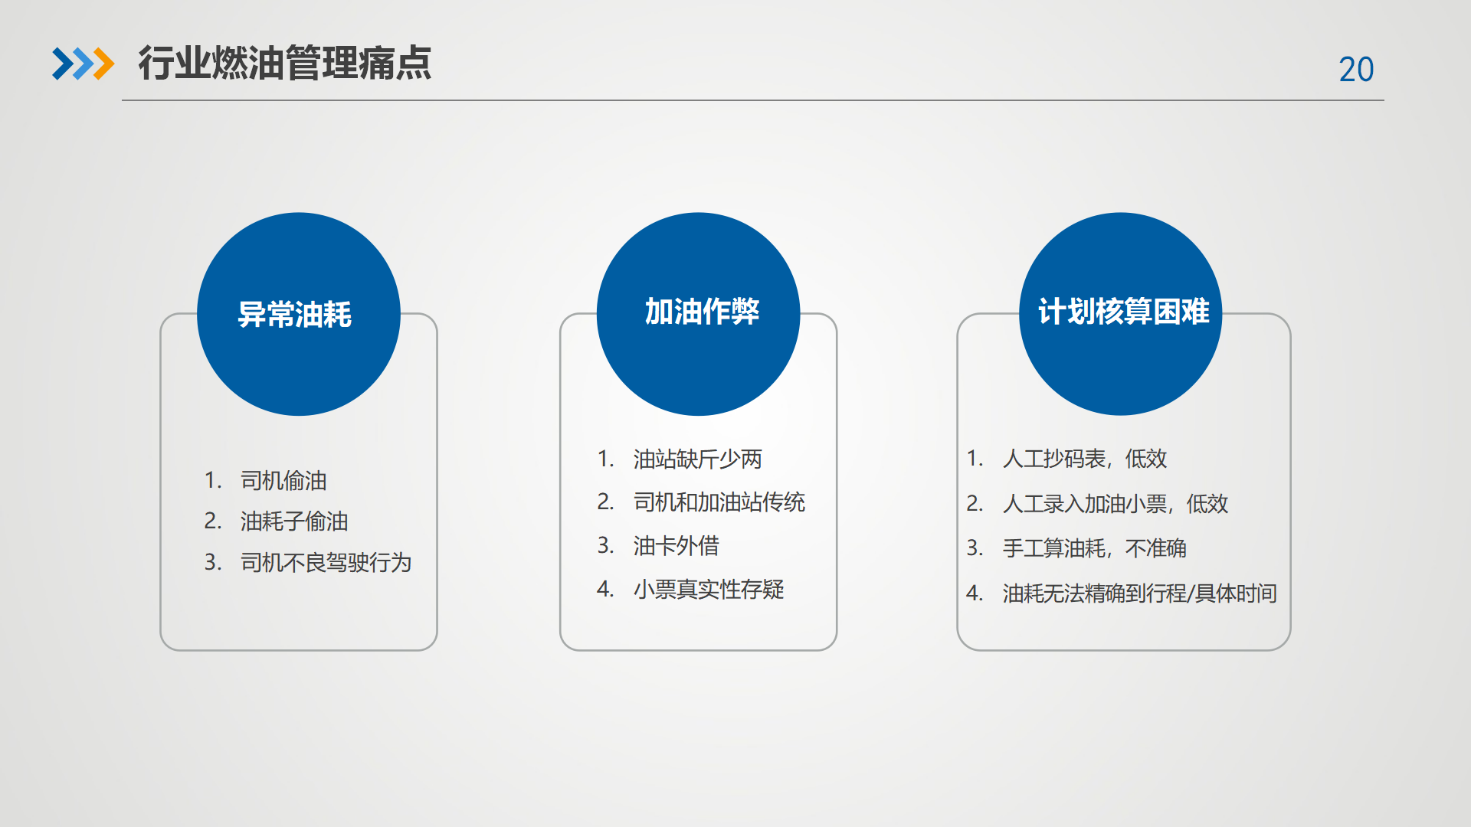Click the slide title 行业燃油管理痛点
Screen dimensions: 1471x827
tap(285, 63)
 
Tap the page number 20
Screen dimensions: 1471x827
tap(1356, 70)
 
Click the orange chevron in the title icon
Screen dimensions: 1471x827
tap(103, 64)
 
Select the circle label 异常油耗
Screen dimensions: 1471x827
tap(295, 315)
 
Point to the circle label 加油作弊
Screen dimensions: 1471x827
tap(702, 312)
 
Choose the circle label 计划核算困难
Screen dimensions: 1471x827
tap(1124, 312)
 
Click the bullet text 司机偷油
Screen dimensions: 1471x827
tap(283, 481)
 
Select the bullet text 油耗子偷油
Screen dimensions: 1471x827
tap(294, 521)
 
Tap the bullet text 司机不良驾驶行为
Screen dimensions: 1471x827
tap(326, 563)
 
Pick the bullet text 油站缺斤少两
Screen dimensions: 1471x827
tap(698, 459)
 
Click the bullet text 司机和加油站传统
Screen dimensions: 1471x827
tap(719, 502)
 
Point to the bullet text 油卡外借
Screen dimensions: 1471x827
tap(677, 546)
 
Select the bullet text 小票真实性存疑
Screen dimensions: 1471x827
tap(709, 590)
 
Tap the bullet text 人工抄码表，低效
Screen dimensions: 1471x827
tap(1085, 459)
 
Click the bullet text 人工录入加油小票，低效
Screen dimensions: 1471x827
tap(1116, 504)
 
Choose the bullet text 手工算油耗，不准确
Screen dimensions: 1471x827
tap(1095, 548)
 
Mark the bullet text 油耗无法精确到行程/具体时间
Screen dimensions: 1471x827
tap(1140, 593)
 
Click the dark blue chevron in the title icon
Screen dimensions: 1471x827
tap(62, 64)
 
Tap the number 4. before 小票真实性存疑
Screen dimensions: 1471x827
tap(605, 589)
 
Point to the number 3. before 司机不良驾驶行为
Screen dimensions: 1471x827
tap(213, 562)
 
